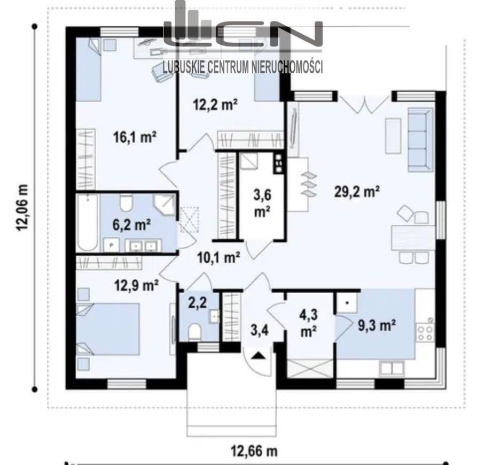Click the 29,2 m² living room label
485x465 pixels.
point(357,192)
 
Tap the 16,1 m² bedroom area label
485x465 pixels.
point(135,137)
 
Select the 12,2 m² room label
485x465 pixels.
point(215,105)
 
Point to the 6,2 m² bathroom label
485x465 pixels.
point(132,225)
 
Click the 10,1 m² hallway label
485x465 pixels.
point(218,257)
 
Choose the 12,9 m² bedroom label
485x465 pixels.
point(137,285)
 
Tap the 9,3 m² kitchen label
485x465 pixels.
point(377,325)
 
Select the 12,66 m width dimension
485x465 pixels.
point(254,451)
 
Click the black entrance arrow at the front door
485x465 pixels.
point(259,355)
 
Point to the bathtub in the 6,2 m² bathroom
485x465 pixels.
point(88,223)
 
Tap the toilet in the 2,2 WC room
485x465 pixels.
point(194,331)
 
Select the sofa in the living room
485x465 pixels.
point(420,140)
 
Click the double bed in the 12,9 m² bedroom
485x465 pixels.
point(108,329)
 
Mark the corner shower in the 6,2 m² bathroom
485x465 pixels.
point(165,205)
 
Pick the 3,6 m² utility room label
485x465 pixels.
point(262,203)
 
